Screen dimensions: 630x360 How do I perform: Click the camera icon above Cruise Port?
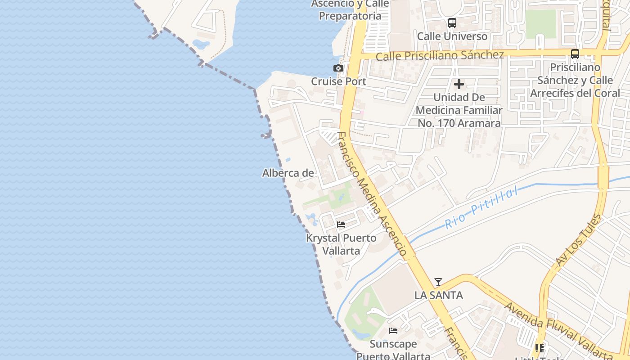pyautogui.click(x=338, y=68)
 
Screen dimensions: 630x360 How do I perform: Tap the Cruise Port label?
pyautogui.click(x=338, y=82)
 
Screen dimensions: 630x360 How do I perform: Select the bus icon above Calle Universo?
pyautogui.click(x=452, y=23)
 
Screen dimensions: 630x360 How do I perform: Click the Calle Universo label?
pyautogui.click(x=452, y=36)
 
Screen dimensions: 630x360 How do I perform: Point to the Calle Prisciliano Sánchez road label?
pyautogui.click(x=440, y=56)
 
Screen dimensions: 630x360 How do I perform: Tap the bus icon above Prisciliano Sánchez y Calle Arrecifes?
pyautogui.click(x=575, y=54)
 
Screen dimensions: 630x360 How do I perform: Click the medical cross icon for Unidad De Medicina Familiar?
pyautogui.click(x=459, y=84)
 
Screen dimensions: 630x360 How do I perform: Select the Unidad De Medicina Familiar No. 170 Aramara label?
pyautogui.click(x=459, y=110)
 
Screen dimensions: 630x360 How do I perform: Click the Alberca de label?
pyautogui.click(x=288, y=173)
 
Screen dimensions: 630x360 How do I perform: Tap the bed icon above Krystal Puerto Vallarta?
pyautogui.click(x=341, y=225)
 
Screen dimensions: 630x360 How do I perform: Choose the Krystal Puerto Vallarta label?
pyautogui.click(x=341, y=244)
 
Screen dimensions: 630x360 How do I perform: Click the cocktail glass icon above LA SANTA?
pyautogui.click(x=438, y=282)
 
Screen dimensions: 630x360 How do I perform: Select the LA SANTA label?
pyautogui.click(x=438, y=296)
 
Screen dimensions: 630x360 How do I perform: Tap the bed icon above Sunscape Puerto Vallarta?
pyautogui.click(x=393, y=331)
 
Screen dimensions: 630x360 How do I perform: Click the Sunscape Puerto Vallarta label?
pyautogui.click(x=393, y=350)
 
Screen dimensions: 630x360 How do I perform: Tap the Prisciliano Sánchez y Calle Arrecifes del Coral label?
pyautogui.click(x=575, y=81)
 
